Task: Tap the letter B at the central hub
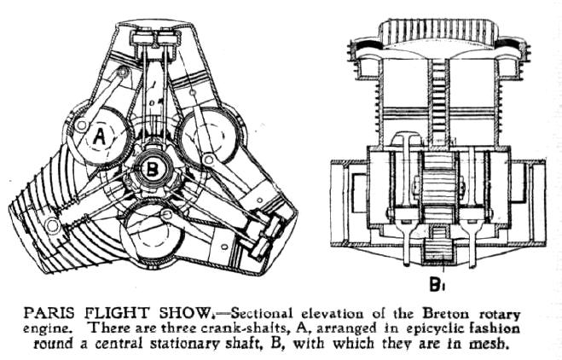(x=151, y=169)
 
